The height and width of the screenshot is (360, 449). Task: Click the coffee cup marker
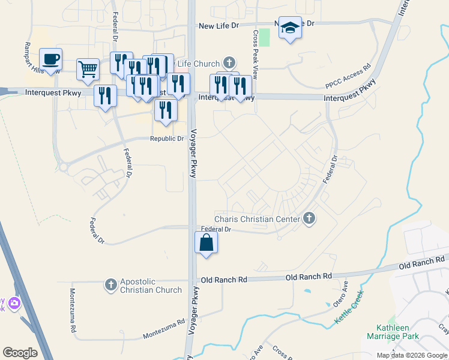(50, 59)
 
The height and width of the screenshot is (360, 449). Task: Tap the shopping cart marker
(88, 69)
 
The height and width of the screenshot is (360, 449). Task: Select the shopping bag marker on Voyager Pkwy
(206, 243)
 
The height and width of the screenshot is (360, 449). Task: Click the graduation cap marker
(290, 28)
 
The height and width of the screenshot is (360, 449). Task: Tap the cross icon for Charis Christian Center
(309, 218)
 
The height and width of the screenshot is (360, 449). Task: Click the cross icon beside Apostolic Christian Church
(111, 284)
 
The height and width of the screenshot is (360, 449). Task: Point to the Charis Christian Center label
(258, 219)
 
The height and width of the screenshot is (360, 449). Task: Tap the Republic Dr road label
(166, 139)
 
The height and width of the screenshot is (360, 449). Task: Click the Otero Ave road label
(341, 294)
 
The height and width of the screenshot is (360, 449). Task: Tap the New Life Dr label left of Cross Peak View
(218, 26)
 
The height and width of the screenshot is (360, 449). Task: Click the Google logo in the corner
(20, 353)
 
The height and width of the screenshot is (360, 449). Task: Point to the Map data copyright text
(411, 355)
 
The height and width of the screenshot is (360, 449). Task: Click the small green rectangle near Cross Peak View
(265, 37)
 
